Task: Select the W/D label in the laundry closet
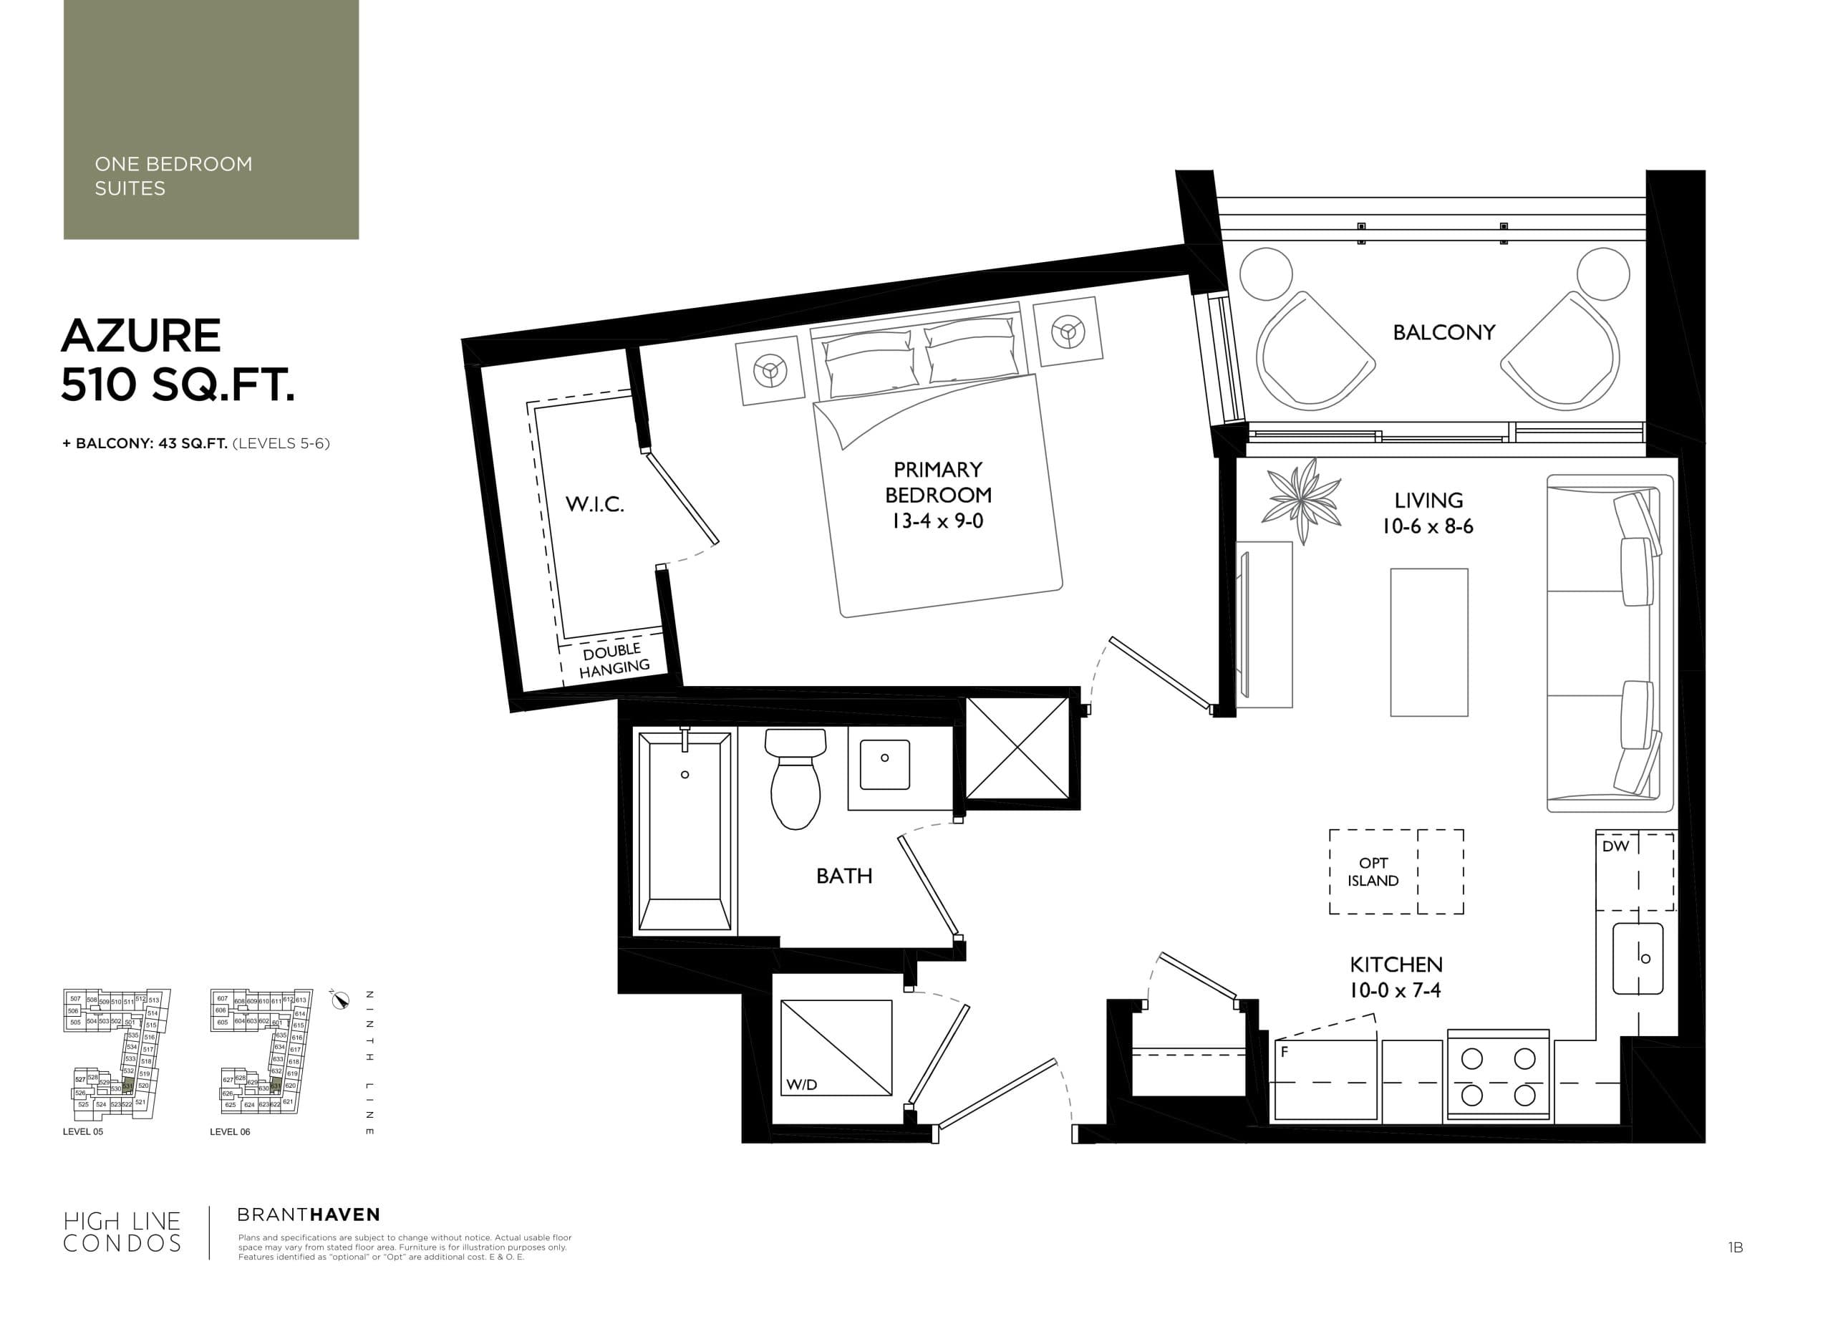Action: [x=801, y=1085]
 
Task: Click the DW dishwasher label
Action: [x=1615, y=846]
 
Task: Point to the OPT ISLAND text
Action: [x=1373, y=872]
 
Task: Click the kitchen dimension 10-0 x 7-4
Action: [x=1395, y=990]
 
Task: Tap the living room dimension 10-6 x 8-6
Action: [x=1427, y=526]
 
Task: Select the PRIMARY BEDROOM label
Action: [x=937, y=482]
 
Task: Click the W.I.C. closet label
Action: [x=594, y=504]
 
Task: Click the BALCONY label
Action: [x=1443, y=332]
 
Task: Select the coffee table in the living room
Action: [x=1428, y=642]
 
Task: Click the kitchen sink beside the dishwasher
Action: [x=1638, y=959]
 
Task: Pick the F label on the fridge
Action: [x=1285, y=1053]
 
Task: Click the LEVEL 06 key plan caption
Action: [x=230, y=1131]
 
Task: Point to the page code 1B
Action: [x=1735, y=1248]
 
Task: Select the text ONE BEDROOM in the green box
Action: [x=173, y=164]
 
